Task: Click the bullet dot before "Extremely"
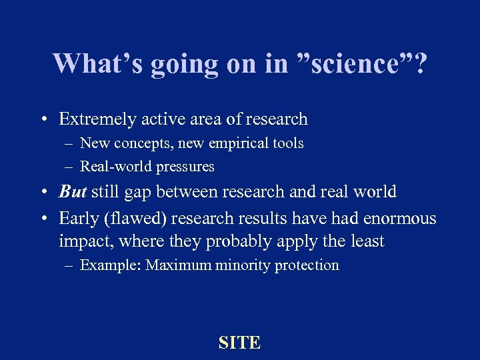click(42, 120)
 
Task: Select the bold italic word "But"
click(73, 192)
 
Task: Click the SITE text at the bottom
click(239, 343)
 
